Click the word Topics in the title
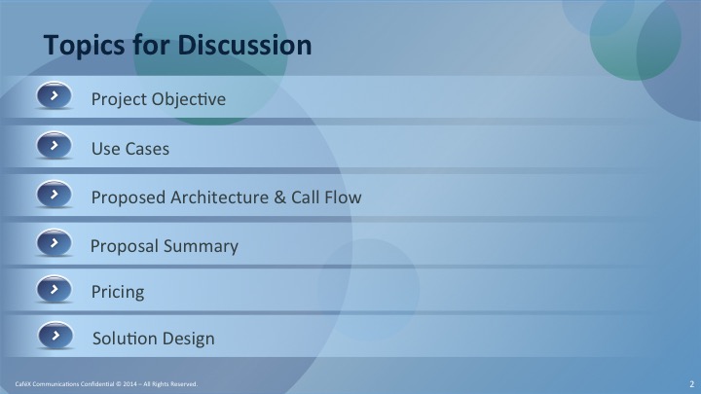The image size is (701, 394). [x=85, y=46]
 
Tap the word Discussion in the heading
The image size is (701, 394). [x=244, y=45]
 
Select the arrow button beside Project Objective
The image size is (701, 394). [x=55, y=95]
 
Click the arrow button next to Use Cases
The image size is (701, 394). [x=55, y=145]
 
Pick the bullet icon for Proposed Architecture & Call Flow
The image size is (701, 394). [x=55, y=195]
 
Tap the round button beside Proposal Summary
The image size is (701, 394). [x=55, y=242]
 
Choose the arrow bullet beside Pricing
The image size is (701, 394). [x=55, y=289]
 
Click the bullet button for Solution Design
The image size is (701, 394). [x=55, y=335]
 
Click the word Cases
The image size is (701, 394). [x=148, y=149]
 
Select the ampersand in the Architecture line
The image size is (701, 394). [x=279, y=197]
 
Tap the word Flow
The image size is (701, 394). [x=344, y=197]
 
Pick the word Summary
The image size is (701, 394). [x=201, y=246]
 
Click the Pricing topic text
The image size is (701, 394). [x=118, y=292]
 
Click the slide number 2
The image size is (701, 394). [x=692, y=384]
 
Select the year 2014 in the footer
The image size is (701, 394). [x=130, y=384]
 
